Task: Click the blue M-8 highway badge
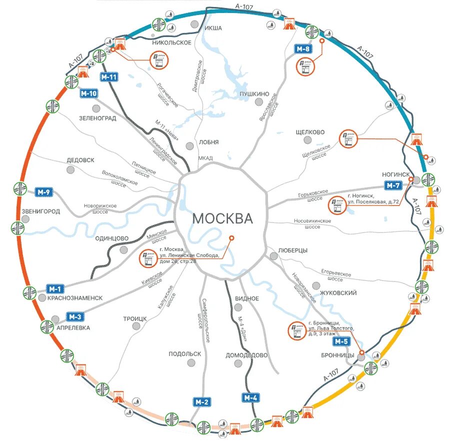pos(302,48)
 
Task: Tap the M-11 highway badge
pos(108,77)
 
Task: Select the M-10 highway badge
pos(88,93)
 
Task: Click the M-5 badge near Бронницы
pos(340,341)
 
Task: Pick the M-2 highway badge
pos(202,401)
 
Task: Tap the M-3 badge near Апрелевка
pos(75,316)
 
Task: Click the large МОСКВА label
pos(222,219)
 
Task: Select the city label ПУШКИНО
pos(254,94)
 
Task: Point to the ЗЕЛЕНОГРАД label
pos(97,118)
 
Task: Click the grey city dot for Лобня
pos(189,145)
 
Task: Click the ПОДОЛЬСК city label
pos(185,353)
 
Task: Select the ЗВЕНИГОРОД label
pos(41,211)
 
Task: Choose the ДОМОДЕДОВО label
pos(246,355)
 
